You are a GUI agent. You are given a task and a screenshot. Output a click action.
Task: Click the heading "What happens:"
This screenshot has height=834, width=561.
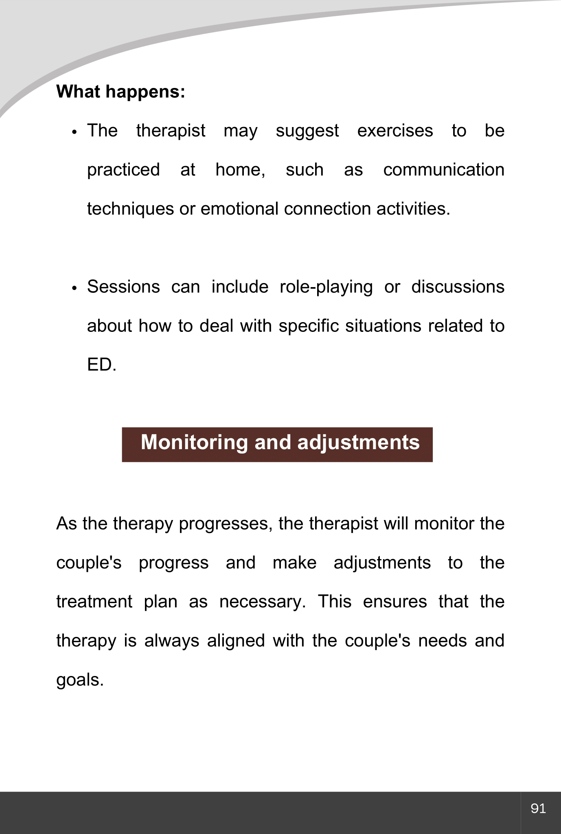(121, 92)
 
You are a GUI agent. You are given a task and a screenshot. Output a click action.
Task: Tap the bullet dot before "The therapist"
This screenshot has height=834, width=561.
(74, 133)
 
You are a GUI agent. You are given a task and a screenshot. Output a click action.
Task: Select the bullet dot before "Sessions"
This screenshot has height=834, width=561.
(74, 289)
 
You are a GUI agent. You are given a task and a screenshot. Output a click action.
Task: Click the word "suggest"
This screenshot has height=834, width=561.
(307, 131)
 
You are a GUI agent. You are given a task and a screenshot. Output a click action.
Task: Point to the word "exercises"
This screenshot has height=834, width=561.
(395, 131)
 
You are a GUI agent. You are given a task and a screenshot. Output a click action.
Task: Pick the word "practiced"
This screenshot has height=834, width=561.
(123, 170)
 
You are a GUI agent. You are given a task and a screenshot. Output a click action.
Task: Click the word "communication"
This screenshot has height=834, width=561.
(444, 170)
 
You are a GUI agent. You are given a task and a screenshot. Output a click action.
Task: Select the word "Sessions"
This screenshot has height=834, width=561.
(123, 287)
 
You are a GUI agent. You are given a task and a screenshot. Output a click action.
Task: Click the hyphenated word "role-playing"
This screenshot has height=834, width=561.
(326, 287)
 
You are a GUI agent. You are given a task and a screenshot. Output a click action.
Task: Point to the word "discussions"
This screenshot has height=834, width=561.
(458, 287)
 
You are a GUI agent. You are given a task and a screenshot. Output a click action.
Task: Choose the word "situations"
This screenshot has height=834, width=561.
(383, 326)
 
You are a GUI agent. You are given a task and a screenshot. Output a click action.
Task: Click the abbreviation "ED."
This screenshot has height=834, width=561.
(102, 365)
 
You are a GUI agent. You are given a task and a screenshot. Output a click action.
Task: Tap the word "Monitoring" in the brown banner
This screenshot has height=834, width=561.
(194, 443)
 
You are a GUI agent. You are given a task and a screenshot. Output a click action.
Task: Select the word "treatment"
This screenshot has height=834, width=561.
(94, 601)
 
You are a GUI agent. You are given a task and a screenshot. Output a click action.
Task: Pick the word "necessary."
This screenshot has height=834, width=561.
(263, 601)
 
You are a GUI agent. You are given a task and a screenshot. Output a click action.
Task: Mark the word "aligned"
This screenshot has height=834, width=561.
(236, 641)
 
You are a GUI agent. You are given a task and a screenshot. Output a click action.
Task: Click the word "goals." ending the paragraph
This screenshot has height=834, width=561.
(80, 680)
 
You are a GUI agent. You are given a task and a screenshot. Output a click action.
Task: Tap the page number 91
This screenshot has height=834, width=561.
(538, 808)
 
